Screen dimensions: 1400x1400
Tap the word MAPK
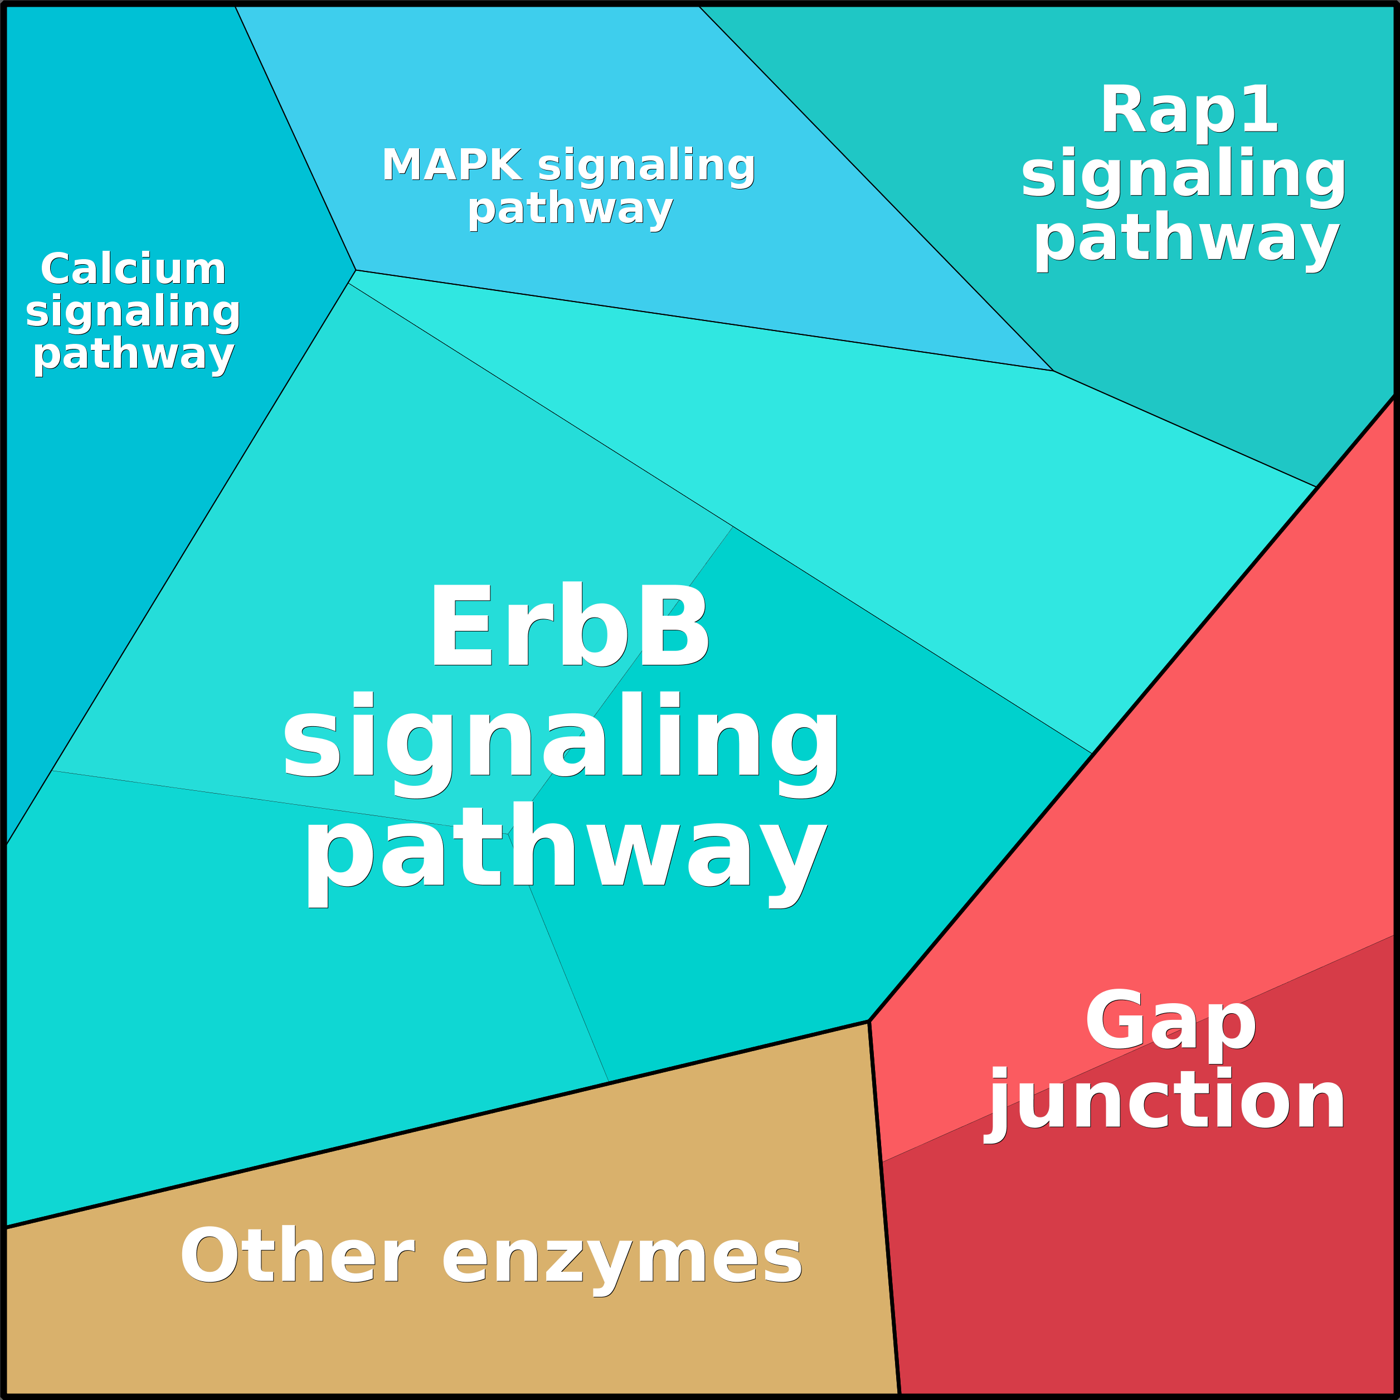(451, 165)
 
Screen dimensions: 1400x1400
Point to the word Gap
(1170, 1022)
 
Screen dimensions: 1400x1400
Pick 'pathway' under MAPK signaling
(570, 210)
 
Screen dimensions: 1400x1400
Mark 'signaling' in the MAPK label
(646, 165)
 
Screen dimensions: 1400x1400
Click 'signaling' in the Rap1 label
(1183, 174)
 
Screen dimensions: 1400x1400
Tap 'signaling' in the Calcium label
(133, 312)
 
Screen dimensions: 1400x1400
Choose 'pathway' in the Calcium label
(133, 354)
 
